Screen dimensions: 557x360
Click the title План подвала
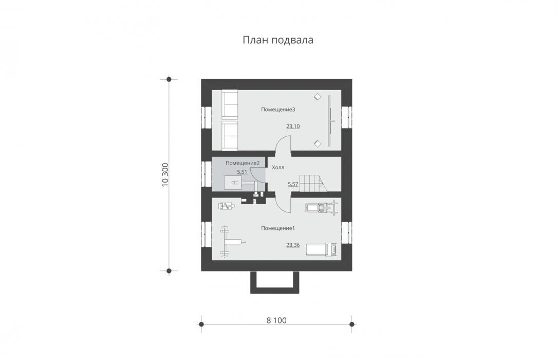tap(278, 40)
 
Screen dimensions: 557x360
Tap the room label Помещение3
tap(278, 110)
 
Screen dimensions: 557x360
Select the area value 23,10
tap(293, 126)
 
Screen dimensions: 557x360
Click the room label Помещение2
tap(243, 163)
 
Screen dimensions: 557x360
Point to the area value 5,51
tap(242, 172)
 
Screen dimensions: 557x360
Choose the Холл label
tap(278, 167)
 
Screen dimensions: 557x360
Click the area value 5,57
tap(293, 184)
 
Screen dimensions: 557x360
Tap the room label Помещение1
tap(278, 228)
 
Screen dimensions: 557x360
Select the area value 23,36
tap(293, 245)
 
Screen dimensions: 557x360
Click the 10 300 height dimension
tap(165, 175)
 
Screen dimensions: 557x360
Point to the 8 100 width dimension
tap(276, 320)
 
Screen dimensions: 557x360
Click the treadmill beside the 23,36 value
tap(321, 249)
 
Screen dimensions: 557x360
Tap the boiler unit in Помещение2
tap(233, 183)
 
